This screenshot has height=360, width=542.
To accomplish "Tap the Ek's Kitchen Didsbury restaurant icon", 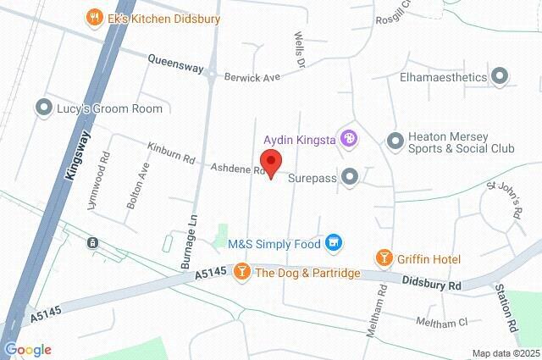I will tap(93, 17).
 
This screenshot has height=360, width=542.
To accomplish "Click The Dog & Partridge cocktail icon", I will tap(241, 272).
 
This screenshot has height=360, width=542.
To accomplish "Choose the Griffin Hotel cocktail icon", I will tap(384, 256).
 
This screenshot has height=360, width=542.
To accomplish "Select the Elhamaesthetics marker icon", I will tap(501, 77).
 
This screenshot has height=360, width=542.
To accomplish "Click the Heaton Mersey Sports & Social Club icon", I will tap(394, 140).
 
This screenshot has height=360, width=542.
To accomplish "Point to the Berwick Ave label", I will tap(252, 77).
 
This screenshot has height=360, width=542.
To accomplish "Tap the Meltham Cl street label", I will tap(441, 322).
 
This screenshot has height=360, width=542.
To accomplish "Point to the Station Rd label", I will tap(510, 306).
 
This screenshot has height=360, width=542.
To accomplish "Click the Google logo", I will tap(27, 350).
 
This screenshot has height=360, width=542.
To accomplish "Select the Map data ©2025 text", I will tap(505, 353).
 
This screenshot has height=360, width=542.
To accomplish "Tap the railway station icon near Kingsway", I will tap(91, 243).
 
